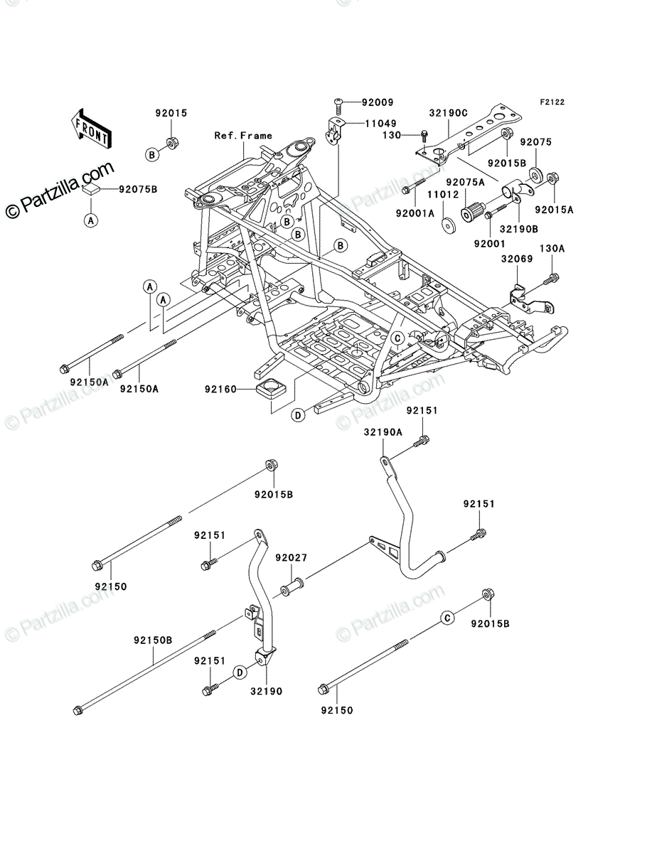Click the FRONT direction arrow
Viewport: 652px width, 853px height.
pos(91,128)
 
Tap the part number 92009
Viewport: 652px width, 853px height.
pos(378,102)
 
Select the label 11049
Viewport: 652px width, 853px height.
pos(380,124)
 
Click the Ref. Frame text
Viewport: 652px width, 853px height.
pos(243,136)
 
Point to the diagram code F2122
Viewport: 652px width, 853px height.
pos(552,102)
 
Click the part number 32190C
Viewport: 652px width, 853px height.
pos(449,113)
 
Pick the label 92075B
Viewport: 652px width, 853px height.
pos(138,189)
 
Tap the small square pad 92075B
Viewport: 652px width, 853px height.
pos(91,189)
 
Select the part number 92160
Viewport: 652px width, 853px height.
pos(220,389)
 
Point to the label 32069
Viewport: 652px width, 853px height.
pos(517,259)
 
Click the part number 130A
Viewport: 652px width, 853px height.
pos(552,248)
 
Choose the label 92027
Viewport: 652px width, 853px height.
pos(291,558)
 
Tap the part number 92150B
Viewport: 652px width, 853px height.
pos(153,640)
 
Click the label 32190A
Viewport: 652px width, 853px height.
pos(383,432)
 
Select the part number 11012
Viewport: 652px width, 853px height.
pos(444,195)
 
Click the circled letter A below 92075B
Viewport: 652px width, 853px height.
pos(91,221)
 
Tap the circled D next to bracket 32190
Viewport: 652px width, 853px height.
pos(240,672)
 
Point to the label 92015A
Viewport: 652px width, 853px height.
pos(554,210)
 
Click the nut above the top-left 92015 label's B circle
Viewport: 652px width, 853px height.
pos(172,143)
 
